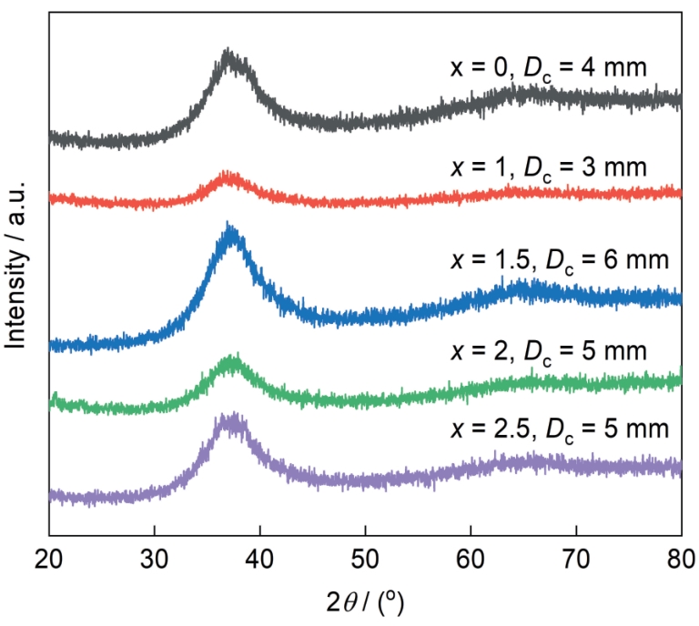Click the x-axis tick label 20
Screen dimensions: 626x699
point(48,558)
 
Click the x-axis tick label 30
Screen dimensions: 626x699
point(154,558)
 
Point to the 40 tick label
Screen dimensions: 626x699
point(259,558)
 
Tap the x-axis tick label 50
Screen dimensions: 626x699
point(365,558)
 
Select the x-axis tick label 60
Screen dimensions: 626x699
point(471,558)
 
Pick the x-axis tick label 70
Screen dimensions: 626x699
point(576,558)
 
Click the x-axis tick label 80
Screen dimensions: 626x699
point(680,558)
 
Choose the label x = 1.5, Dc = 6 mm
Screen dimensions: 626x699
point(560,260)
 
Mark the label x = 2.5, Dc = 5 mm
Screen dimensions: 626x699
point(560,428)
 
